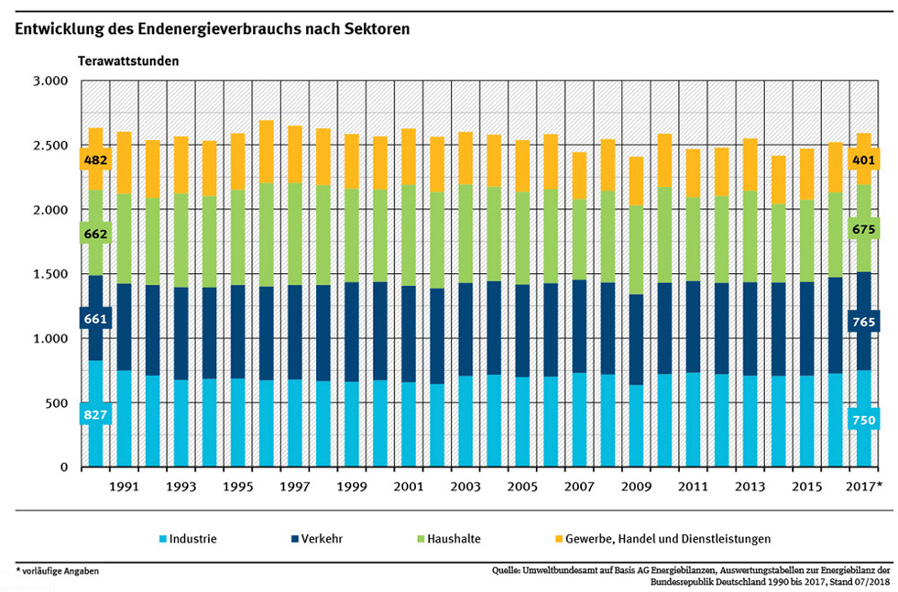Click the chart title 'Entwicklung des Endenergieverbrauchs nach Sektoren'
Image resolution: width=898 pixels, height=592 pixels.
click(x=212, y=28)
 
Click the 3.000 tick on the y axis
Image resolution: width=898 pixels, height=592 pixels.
click(x=49, y=82)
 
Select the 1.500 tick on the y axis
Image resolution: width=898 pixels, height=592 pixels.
click(x=49, y=275)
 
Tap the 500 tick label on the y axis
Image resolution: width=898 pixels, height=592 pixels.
click(x=57, y=404)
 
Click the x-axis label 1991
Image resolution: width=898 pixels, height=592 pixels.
click(x=124, y=486)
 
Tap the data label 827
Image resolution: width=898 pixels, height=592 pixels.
click(x=94, y=416)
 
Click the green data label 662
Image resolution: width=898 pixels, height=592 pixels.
click(x=94, y=235)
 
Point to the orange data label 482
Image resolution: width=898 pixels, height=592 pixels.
click(x=94, y=161)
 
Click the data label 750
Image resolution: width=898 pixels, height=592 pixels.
click(x=865, y=420)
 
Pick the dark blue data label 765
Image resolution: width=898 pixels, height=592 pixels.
click(x=865, y=323)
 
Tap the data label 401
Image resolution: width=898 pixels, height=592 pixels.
click(x=865, y=161)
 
